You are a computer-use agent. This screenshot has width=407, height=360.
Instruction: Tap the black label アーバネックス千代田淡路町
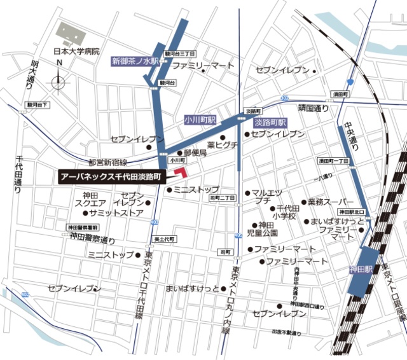[x=111, y=176]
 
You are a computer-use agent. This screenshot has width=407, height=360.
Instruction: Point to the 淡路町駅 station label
[x=270, y=121]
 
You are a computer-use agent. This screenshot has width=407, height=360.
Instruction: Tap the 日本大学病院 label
[x=76, y=52]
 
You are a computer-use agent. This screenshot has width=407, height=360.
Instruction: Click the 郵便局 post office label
[x=195, y=153]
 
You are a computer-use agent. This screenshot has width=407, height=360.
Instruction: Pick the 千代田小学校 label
[x=284, y=212]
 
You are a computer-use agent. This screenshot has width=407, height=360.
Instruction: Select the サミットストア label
[x=116, y=213]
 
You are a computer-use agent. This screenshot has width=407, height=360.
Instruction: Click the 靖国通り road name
[x=314, y=107]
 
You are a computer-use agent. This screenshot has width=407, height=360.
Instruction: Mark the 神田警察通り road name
[x=93, y=239]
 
